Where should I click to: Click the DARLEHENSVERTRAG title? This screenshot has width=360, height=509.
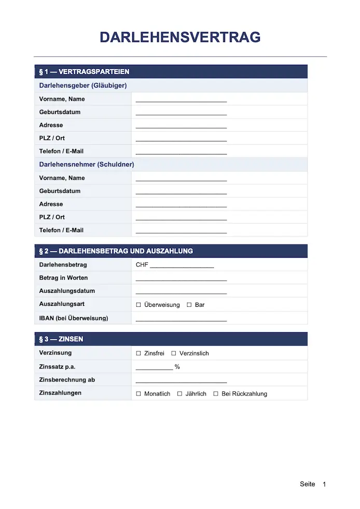click(179, 37)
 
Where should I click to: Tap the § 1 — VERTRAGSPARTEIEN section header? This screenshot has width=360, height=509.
click(84, 72)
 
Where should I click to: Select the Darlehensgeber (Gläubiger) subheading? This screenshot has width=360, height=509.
click(83, 86)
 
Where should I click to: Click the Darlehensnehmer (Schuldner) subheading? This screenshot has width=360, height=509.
click(87, 164)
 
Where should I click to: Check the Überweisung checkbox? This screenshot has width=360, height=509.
click(139, 305)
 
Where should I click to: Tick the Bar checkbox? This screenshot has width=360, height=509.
click(189, 305)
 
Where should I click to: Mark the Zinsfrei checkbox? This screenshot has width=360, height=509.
click(139, 353)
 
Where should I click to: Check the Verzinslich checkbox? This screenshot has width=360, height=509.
click(174, 353)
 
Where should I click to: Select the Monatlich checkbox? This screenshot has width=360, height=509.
click(139, 394)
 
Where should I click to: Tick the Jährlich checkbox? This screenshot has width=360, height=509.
click(179, 394)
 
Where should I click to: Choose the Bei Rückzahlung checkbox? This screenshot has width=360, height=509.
click(216, 394)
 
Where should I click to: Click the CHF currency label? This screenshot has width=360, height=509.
click(142, 265)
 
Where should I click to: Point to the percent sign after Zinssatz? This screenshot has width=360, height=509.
click(177, 367)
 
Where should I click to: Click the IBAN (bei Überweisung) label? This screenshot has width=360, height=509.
click(74, 318)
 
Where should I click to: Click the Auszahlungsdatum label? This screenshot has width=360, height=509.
click(67, 291)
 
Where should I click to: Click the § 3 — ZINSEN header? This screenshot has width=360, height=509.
click(61, 339)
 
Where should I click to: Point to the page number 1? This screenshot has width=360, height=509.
click(324, 484)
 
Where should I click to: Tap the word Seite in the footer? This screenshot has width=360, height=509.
click(307, 484)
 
